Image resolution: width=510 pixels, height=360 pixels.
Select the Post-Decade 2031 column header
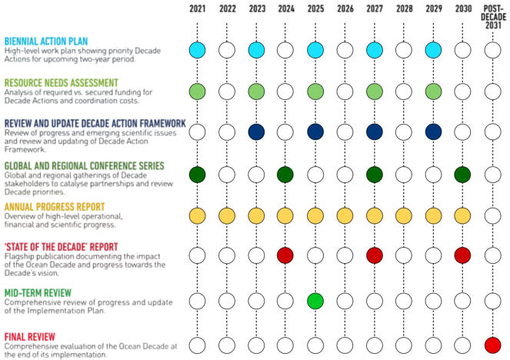click(x=493, y=15)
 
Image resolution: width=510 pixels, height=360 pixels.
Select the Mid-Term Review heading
click(x=38, y=292)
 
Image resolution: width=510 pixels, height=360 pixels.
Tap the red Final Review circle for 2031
click(x=493, y=345)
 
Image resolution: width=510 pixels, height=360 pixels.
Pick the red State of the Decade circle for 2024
click(x=285, y=255)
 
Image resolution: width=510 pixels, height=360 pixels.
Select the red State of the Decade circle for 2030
click(x=463, y=255)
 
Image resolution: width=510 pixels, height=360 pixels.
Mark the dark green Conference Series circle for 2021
click(x=198, y=174)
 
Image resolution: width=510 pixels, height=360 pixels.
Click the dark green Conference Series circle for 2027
click(x=375, y=174)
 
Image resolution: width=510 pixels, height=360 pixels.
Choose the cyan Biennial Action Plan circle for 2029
click(x=434, y=51)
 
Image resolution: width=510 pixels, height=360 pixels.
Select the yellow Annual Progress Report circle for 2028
click(x=405, y=215)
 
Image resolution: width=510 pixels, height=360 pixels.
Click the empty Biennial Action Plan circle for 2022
click(x=227, y=51)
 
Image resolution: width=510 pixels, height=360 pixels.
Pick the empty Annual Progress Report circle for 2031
click(x=493, y=215)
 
